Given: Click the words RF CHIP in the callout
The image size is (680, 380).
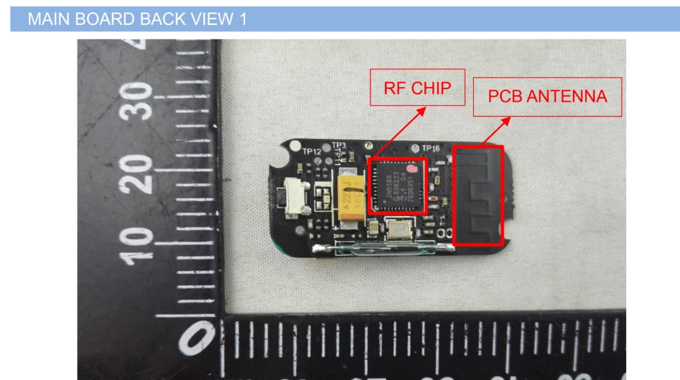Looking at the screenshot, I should [x=417, y=88].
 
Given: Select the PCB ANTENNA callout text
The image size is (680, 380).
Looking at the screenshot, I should [x=547, y=97].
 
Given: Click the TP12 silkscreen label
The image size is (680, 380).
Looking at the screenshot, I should [x=312, y=152].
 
